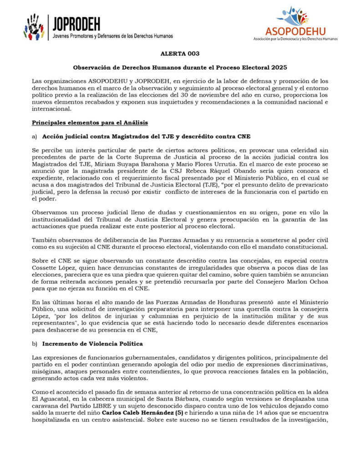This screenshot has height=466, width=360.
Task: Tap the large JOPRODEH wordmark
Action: coord(76,23)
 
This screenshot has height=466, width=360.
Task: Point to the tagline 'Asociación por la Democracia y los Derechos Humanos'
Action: coord(295,39)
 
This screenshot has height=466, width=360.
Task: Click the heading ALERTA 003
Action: coord(180,54)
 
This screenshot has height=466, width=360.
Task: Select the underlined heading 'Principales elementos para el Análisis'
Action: coord(90,123)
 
